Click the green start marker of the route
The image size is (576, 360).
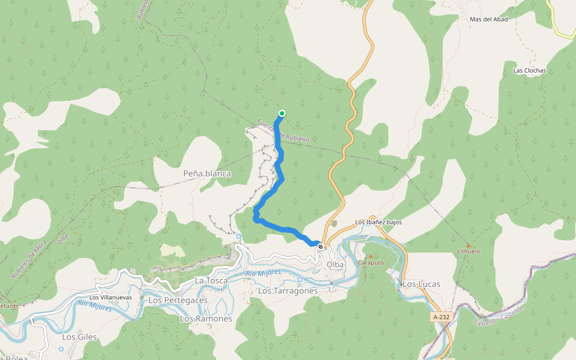[281, 113]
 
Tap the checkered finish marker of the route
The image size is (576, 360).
[320, 247]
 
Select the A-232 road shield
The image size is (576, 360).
[440, 317]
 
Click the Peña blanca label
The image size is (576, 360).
[207, 173]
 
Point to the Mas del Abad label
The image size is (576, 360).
[489, 19]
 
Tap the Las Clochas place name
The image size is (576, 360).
[530, 70]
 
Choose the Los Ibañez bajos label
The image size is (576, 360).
[379, 222]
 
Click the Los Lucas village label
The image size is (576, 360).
[421, 284]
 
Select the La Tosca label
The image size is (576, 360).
[211, 280]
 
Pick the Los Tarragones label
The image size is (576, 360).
[287, 290]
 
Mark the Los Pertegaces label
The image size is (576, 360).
[178, 299]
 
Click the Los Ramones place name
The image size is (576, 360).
[206, 319]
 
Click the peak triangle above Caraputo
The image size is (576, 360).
[370, 256]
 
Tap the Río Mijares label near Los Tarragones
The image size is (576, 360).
[263, 274]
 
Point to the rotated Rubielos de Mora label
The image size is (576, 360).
[28, 259]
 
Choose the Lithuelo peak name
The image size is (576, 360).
[469, 251]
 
